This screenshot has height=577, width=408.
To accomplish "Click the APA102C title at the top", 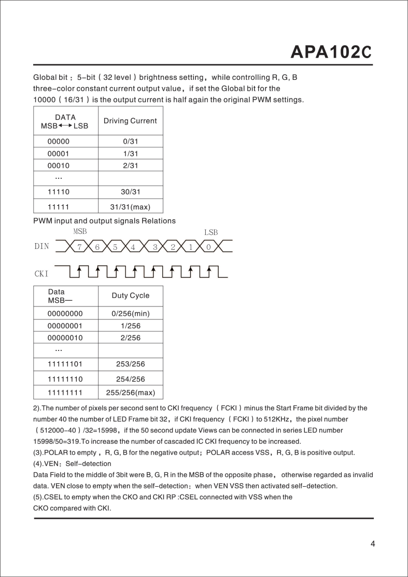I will [331, 52].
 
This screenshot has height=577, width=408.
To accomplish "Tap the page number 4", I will [372, 544].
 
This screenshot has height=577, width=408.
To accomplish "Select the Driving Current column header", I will [130, 121].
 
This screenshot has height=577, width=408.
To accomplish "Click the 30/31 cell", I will [130, 192].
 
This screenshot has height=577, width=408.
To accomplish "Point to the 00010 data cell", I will [59, 166].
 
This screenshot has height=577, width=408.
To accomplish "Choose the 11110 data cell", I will [59, 192].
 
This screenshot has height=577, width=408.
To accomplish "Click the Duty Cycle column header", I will [130, 295].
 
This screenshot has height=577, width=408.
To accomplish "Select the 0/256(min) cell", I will [130, 314].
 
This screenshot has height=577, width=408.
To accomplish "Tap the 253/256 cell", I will [130, 364].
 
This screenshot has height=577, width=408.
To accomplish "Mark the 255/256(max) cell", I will [130, 392].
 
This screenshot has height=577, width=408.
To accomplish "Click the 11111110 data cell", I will [65, 379].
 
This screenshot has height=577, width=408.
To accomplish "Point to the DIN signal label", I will [42, 247].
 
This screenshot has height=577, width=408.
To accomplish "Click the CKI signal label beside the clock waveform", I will [42, 273].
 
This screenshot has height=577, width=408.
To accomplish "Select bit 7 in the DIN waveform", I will [79, 247].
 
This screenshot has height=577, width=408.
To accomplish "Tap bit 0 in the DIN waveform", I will [208, 247].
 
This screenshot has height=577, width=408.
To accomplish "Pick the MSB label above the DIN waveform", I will [80, 231].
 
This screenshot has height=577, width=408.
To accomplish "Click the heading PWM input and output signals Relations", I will [104, 221].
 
